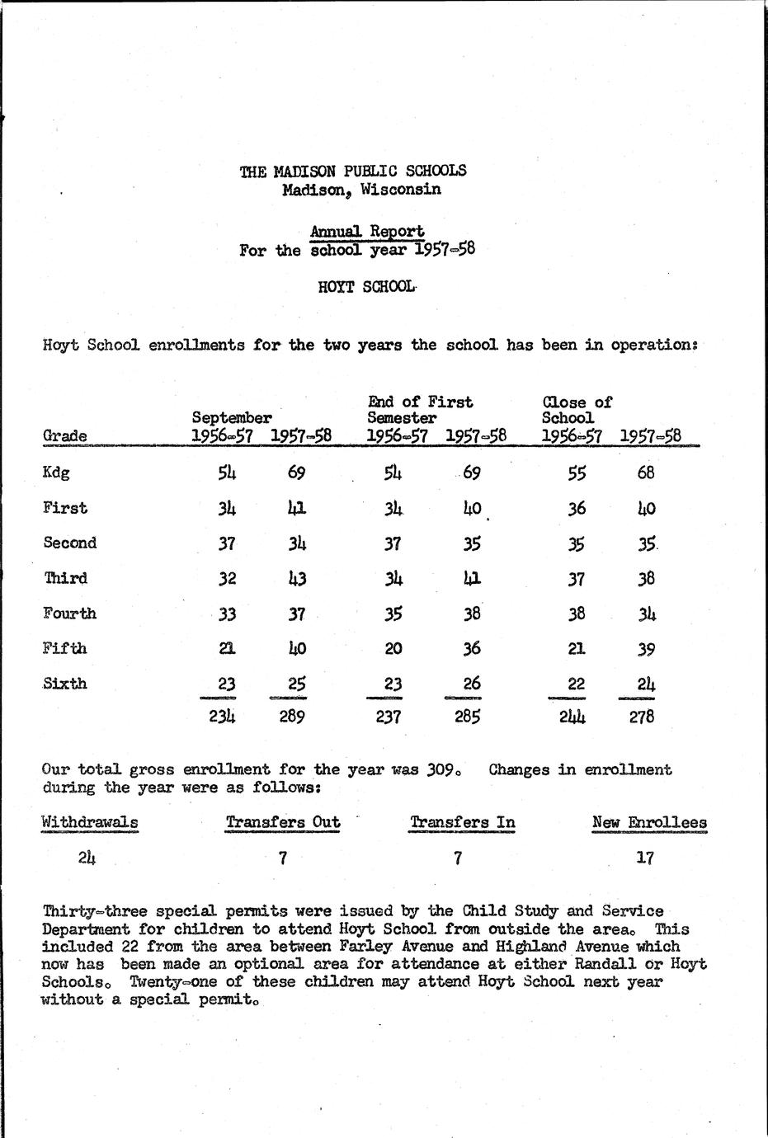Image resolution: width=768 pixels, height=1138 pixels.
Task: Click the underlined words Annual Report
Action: click(x=367, y=232)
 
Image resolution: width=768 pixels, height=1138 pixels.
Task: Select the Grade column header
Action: click(x=64, y=436)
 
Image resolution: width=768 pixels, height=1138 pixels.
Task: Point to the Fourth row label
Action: click(x=69, y=614)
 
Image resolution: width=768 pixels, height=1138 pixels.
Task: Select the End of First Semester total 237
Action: click(x=388, y=717)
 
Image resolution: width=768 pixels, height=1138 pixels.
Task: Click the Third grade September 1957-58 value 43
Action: click(x=296, y=578)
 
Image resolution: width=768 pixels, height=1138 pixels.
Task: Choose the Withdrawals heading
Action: click(x=90, y=822)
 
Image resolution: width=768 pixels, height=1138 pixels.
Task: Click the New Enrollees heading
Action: click(x=649, y=822)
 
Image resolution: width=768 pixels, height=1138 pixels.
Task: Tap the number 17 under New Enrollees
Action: click(x=645, y=858)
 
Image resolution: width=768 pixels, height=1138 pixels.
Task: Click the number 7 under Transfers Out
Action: click(x=282, y=858)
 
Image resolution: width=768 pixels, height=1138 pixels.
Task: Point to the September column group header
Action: click(x=232, y=419)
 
